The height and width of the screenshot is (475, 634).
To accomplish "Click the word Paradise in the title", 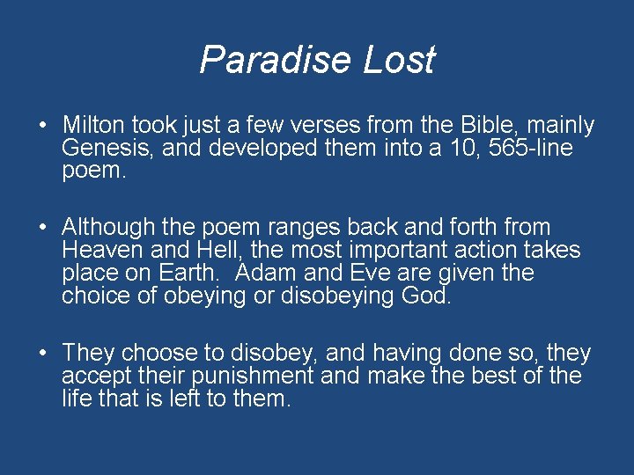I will pos(267,60).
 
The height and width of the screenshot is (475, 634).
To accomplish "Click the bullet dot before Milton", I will pos(43,126).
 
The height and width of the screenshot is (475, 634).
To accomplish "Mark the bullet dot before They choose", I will pos(43,354).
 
